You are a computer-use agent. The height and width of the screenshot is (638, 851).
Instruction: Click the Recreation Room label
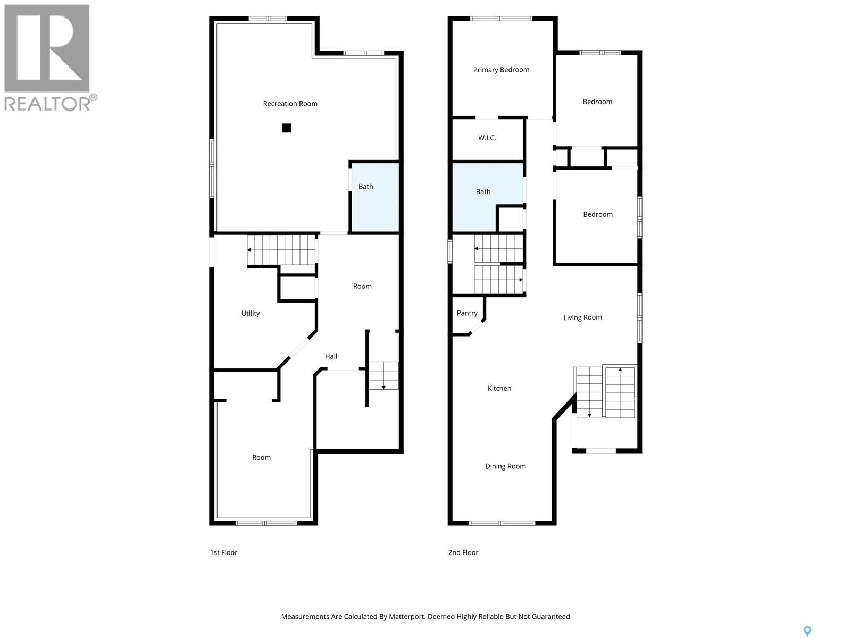[x=290, y=104]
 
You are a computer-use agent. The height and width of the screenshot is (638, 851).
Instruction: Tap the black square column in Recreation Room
[x=286, y=128]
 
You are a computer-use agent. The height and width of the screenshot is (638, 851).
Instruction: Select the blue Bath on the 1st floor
[x=374, y=197]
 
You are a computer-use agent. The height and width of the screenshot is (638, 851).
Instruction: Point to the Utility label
[x=251, y=313]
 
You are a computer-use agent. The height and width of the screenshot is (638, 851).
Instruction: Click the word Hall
[x=331, y=356]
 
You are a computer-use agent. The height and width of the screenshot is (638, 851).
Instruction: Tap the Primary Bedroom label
[x=501, y=70]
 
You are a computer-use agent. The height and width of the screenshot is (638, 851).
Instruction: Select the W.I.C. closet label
[x=487, y=138]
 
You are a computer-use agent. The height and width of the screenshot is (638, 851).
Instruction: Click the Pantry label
[x=467, y=313]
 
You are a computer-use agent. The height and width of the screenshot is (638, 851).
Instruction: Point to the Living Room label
[x=582, y=317]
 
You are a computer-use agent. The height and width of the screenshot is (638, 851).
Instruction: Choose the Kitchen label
[x=499, y=389]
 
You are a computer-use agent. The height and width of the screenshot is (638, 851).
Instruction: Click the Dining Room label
[x=505, y=466]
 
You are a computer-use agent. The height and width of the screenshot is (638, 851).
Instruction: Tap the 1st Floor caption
[x=223, y=552]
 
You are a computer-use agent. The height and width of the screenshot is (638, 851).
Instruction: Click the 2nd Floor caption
[x=463, y=552]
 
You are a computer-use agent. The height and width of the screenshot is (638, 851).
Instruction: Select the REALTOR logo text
[x=48, y=103]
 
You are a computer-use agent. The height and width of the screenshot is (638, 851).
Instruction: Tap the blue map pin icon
[x=807, y=631]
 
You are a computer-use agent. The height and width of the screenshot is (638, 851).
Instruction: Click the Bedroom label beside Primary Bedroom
[x=597, y=102]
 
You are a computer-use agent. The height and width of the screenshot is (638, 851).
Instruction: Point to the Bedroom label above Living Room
[x=598, y=214]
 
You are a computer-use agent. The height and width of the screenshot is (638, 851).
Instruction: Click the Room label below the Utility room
[x=261, y=457]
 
